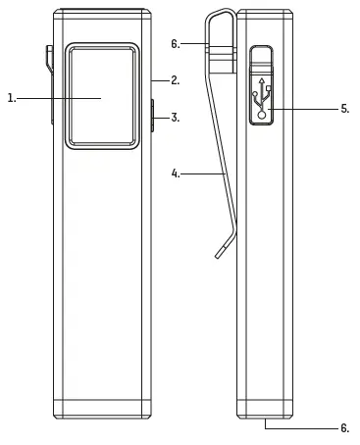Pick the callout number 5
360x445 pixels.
pyautogui.click(x=345, y=109)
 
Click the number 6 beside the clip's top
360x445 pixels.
pyautogui.click(x=175, y=44)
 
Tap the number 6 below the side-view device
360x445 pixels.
pyautogui.click(x=344, y=427)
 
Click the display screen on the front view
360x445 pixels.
pyautogui.click(x=102, y=95)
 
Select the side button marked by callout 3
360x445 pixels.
pyautogui.click(x=153, y=115)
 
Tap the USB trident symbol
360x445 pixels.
pyautogui.click(x=264, y=94)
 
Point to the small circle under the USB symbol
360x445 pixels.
pyautogui.click(x=263, y=114)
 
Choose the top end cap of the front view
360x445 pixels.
pyautogui.click(x=102, y=19)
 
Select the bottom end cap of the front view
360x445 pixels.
pyautogui.click(x=102, y=410)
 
